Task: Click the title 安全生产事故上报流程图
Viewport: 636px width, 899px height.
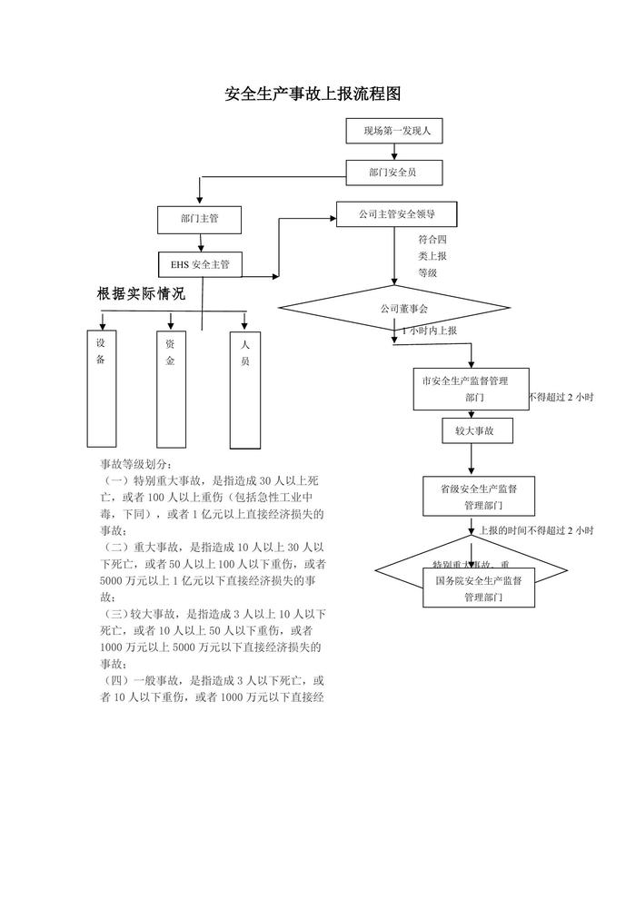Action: pyautogui.click(x=313, y=94)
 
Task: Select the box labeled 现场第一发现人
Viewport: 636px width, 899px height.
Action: pyautogui.click(x=396, y=131)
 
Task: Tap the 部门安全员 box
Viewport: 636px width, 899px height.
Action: pyautogui.click(x=394, y=171)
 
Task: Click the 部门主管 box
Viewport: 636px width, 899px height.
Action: pyautogui.click(x=199, y=219)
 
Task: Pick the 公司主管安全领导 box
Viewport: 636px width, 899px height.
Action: pyautogui.click(x=396, y=214)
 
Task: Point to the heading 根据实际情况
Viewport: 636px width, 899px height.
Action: pyautogui.click(x=141, y=294)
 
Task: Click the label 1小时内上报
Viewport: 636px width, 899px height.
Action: pyautogui.click(x=430, y=331)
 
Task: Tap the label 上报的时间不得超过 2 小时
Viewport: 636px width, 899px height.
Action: pyautogui.click(x=536, y=530)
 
